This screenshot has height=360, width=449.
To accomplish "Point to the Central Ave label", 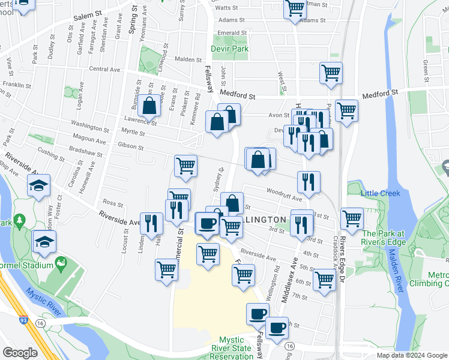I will tap(104, 70).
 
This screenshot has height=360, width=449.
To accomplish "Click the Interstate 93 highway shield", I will tap(23, 323).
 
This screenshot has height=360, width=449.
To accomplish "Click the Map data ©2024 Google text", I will tap(411, 355).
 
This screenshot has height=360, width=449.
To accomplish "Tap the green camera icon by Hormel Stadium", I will tap(60, 263).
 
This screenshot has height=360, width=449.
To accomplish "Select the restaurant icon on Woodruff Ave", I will tap(309, 182).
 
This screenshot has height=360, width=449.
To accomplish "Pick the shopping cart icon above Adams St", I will tap(295, 8).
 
